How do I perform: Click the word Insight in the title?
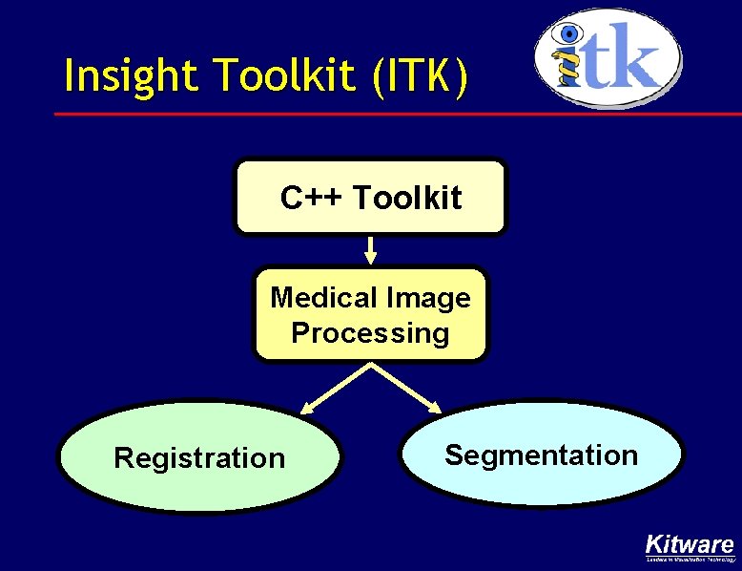pos(121,76)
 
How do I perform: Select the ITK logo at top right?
pos(608,57)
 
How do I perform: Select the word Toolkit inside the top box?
pos(407,199)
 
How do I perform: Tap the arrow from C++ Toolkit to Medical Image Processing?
pos(371,250)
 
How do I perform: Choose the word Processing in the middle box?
pos(370,333)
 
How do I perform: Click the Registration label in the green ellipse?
pos(199,458)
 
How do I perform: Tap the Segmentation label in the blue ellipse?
pos(541,455)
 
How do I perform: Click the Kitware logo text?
pos(690,544)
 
